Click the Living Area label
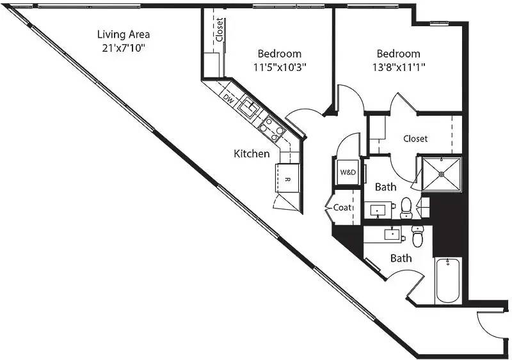124,35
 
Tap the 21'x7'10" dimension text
124,49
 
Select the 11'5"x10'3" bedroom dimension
280,68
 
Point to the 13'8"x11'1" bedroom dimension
398,68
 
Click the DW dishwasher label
229,99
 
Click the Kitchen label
252,153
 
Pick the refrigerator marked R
287,178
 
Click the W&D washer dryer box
348,172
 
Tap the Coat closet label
342,207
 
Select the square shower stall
442,175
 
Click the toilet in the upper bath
406,208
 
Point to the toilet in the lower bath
418,236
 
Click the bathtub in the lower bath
447,280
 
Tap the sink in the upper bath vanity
378,210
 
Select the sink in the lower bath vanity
392,235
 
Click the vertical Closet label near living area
220,29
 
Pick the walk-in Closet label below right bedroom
415,139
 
